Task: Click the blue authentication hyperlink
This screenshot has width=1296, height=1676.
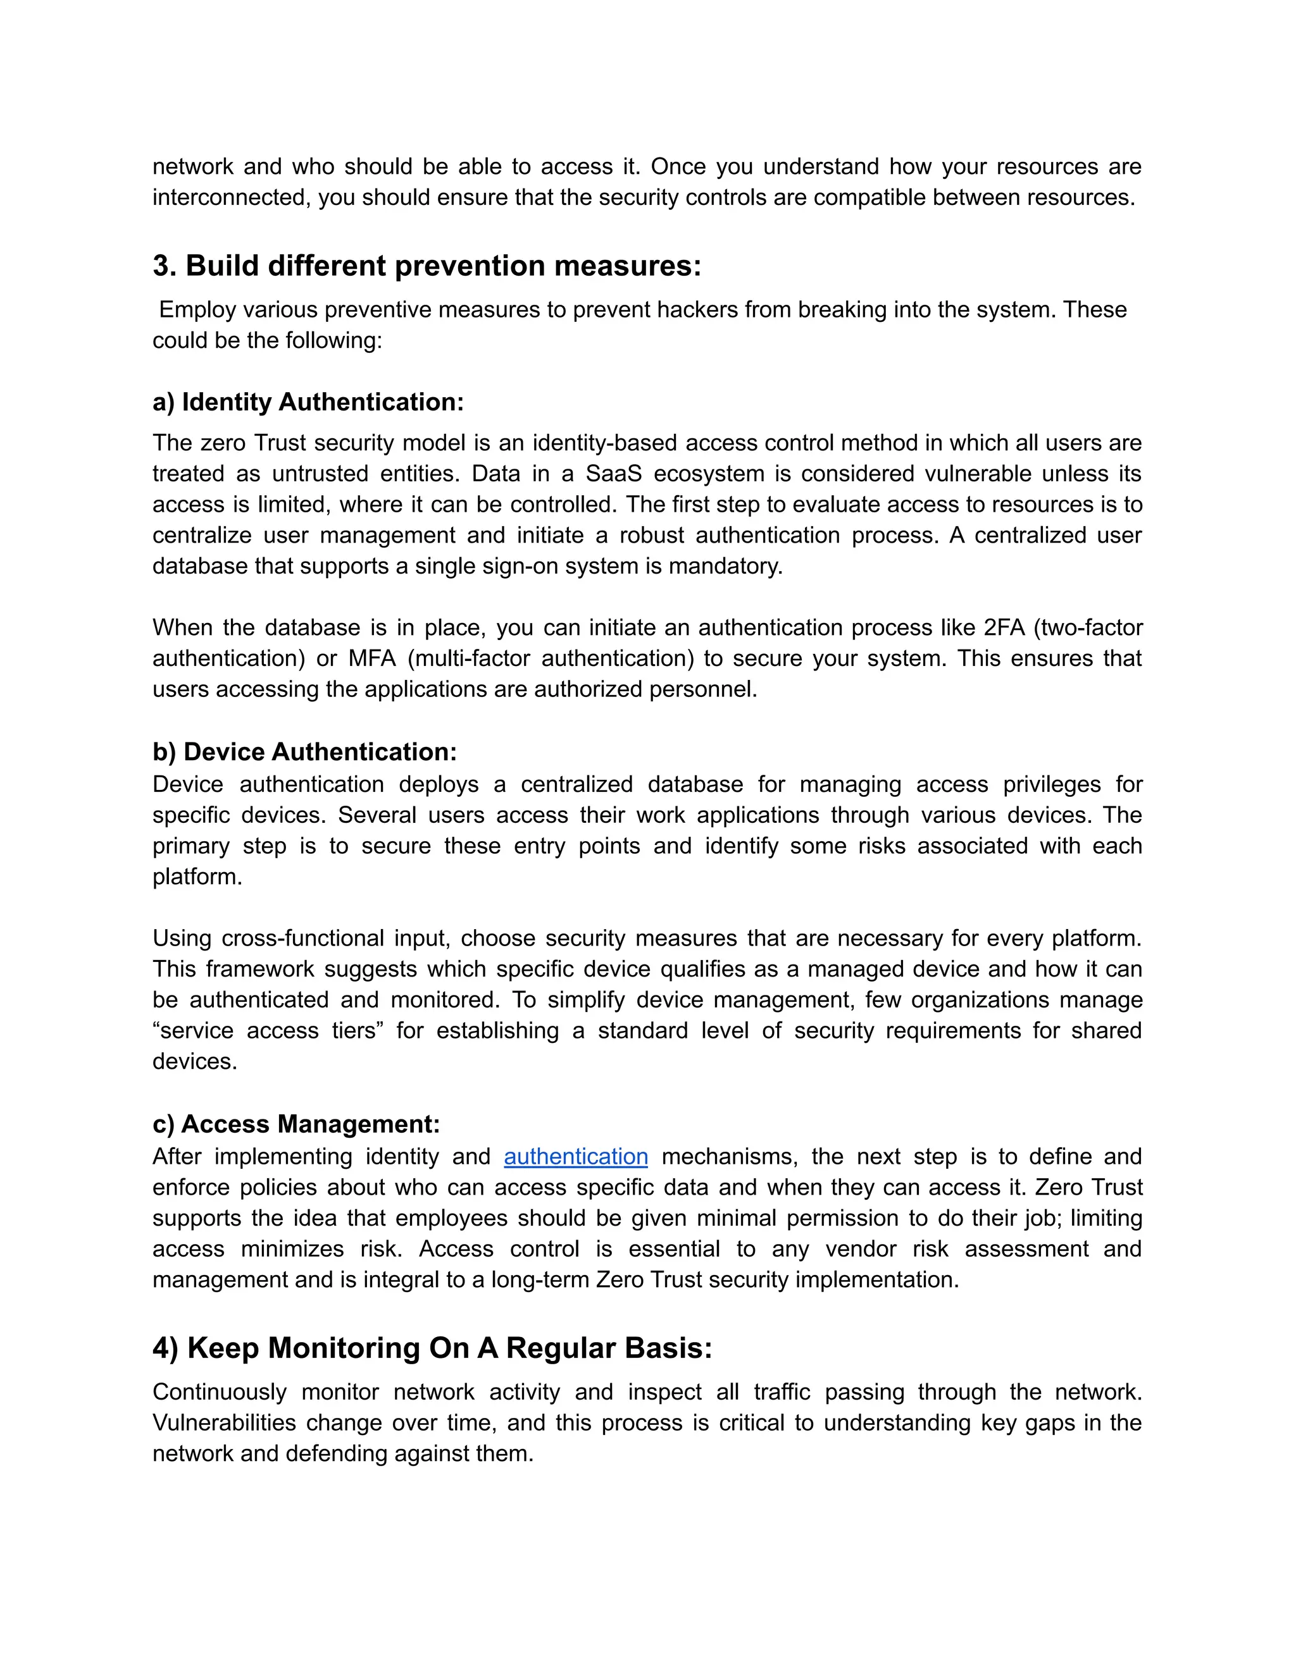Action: pyautogui.click(x=576, y=1157)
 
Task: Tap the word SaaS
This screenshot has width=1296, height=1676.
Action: pyautogui.click(x=613, y=474)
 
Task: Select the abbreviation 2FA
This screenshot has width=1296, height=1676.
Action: pyautogui.click(x=1004, y=628)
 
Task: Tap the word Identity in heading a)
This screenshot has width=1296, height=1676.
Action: pyautogui.click(x=227, y=402)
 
